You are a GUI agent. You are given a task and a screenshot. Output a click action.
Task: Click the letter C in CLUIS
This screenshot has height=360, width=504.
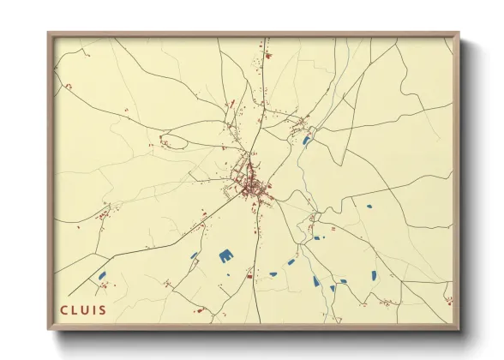click(x=63, y=309)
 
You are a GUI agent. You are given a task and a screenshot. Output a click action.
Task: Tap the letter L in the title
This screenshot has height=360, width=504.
click(x=74, y=309)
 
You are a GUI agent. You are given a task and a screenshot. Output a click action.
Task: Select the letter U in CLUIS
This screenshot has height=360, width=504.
click(x=84, y=309)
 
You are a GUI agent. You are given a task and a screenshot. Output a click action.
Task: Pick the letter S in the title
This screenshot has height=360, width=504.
click(x=102, y=309)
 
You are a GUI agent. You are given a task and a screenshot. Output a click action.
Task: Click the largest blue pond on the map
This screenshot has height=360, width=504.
click(x=226, y=255)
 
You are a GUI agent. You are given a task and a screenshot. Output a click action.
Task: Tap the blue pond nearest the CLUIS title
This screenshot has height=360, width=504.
click(x=102, y=275)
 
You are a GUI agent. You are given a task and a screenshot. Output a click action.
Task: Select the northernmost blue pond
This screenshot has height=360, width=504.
click(x=306, y=141)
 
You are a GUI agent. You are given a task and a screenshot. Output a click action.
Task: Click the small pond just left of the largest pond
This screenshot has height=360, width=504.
click(x=194, y=255)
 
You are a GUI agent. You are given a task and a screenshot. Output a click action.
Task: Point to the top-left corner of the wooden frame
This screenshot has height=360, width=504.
click(x=48, y=33)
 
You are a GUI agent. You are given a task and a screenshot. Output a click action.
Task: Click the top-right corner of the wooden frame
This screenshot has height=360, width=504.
click(x=459, y=33)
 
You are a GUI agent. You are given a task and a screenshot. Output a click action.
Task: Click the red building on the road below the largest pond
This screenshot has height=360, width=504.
click(x=249, y=276)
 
